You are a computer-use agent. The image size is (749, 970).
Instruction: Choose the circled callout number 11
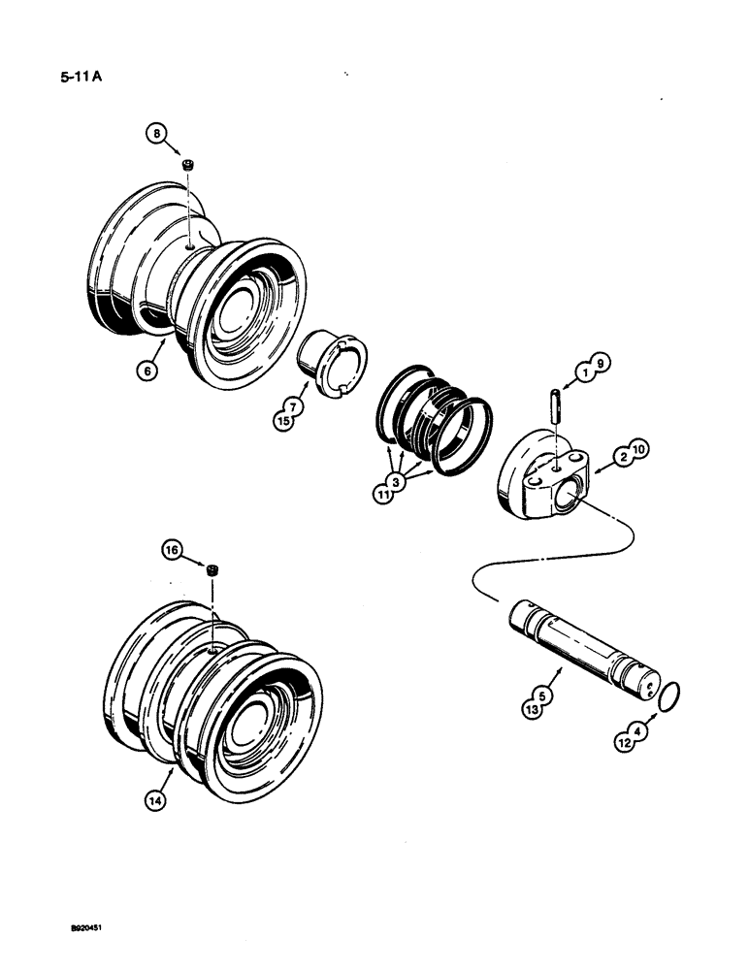383,492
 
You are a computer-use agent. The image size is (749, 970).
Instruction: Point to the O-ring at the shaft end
669,695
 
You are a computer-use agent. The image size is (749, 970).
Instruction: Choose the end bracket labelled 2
541,478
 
